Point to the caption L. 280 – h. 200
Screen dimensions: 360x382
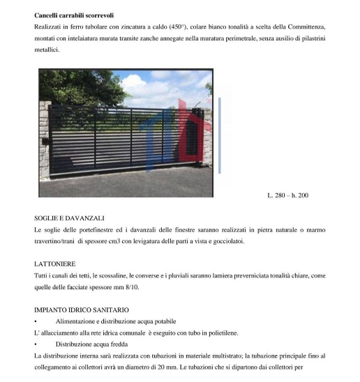coord(287,195)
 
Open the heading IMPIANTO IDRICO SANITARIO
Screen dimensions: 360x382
coord(81,310)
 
